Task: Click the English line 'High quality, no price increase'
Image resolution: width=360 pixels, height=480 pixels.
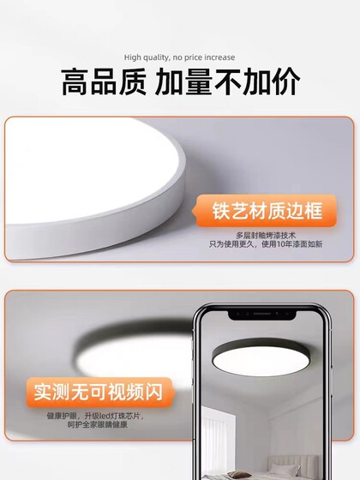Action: coord(179,57)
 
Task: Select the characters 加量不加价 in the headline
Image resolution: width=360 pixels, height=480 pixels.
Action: coord(228,82)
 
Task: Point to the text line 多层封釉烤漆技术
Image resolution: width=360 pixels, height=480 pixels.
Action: coord(266,234)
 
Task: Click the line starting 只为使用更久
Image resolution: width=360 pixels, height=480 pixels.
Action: coord(266,244)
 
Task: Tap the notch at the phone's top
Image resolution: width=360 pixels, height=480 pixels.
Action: coord(264,314)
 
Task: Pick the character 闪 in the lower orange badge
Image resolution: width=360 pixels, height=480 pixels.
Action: coord(161,393)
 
